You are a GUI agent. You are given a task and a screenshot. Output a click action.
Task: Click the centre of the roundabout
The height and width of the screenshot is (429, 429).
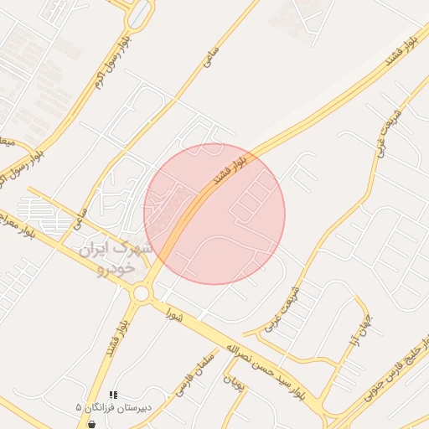click(x=141, y=292)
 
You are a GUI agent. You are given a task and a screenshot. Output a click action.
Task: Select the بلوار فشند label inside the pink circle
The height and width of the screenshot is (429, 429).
click(x=230, y=168)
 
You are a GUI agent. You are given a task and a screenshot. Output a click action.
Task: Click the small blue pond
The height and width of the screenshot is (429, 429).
click(x=140, y=13)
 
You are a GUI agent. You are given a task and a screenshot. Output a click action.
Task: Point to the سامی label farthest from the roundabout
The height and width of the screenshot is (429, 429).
click(x=209, y=57)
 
